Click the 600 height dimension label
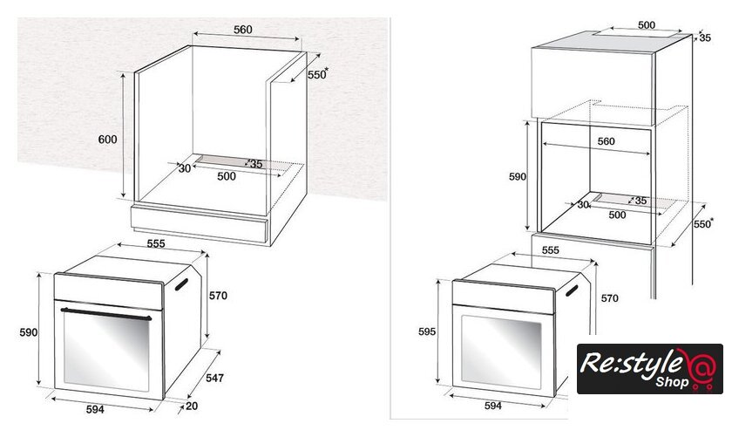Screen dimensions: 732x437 pyautogui.click(x=107, y=140)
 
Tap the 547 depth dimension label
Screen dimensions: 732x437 pyautogui.click(x=214, y=378)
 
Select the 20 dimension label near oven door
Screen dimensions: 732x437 pyautogui.click(x=192, y=406)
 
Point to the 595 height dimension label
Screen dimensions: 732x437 pyautogui.click(x=427, y=331)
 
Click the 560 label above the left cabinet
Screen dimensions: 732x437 pyautogui.click(x=243, y=30)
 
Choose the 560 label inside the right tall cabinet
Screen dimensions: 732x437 pyautogui.click(x=606, y=141)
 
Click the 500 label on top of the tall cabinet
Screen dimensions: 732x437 pyautogui.click(x=647, y=24)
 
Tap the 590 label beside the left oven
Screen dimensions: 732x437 pyautogui.click(x=29, y=332)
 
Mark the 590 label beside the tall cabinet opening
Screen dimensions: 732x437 pyautogui.click(x=518, y=177)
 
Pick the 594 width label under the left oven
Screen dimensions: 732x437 pyautogui.click(x=95, y=409)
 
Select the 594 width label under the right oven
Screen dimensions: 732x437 pyautogui.click(x=493, y=406)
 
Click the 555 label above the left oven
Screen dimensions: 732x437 pyautogui.click(x=156, y=243)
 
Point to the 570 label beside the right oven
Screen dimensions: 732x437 pyautogui.click(x=610, y=298)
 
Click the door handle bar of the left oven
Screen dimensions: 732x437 pyautogui.click(x=106, y=314)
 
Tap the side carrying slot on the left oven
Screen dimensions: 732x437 pyautogui.click(x=181, y=284)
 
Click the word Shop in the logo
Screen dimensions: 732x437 pyautogui.click(x=672, y=382)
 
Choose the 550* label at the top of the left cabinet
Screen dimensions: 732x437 pyautogui.click(x=318, y=74)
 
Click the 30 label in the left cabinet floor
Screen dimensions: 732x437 pyautogui.click(x=185, y=168)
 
